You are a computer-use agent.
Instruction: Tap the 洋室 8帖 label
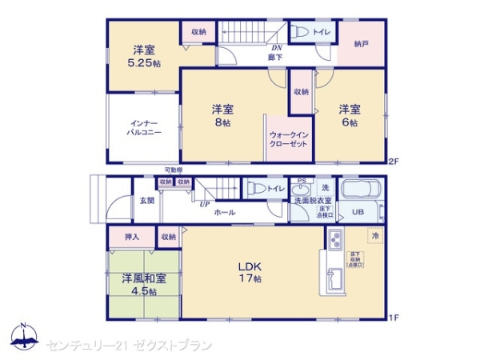pos(222,115)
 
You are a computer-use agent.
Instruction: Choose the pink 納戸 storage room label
pos(361,44)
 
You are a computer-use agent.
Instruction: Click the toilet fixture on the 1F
pos(257,189)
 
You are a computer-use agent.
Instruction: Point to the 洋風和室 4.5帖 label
pos(145,284)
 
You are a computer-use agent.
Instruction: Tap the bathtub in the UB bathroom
pos(363,190)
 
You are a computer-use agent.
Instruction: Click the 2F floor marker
pos(393,162)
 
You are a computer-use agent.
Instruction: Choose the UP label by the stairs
pos(205,205)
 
